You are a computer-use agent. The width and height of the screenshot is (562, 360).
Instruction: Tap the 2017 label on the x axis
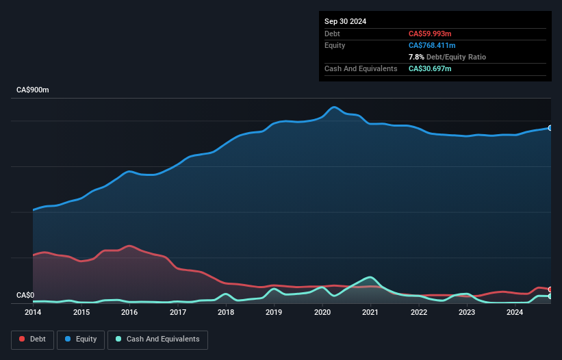tap(178, 313)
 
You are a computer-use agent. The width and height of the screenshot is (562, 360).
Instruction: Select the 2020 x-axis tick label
tap(322, 313)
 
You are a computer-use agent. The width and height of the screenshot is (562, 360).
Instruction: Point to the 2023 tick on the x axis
tap(467, 313)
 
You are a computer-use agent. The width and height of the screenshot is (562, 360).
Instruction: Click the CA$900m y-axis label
tap(33, 90)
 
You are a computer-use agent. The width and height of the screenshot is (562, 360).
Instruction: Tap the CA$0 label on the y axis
tap(25, 296)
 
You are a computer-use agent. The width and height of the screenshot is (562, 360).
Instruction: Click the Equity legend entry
tap(81, 339)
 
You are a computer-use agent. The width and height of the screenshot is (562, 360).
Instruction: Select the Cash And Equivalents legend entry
tap(157, 339)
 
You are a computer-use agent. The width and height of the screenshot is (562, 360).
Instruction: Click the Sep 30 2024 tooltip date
tap(346, 21)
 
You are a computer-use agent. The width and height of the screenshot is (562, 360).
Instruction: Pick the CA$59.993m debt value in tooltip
tap(430, 34)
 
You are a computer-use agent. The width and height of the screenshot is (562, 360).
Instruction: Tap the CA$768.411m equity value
tap(432, 45)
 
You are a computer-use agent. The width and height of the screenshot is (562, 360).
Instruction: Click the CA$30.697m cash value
tap(430, 68)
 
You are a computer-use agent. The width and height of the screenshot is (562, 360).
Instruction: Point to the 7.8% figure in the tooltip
tap(417, 57)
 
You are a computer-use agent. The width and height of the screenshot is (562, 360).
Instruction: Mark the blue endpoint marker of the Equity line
tap(550, 128)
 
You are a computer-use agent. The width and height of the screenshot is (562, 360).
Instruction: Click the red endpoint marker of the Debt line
tap(550, 290)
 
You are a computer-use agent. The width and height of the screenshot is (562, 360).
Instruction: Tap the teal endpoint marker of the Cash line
tap(550, 296)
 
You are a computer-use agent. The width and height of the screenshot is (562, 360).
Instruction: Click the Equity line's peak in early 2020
tap(334, 107)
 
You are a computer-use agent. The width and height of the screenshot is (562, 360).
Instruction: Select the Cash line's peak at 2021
tap(370, 277)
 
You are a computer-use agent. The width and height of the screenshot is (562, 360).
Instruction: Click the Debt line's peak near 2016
tap(129, 246)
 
